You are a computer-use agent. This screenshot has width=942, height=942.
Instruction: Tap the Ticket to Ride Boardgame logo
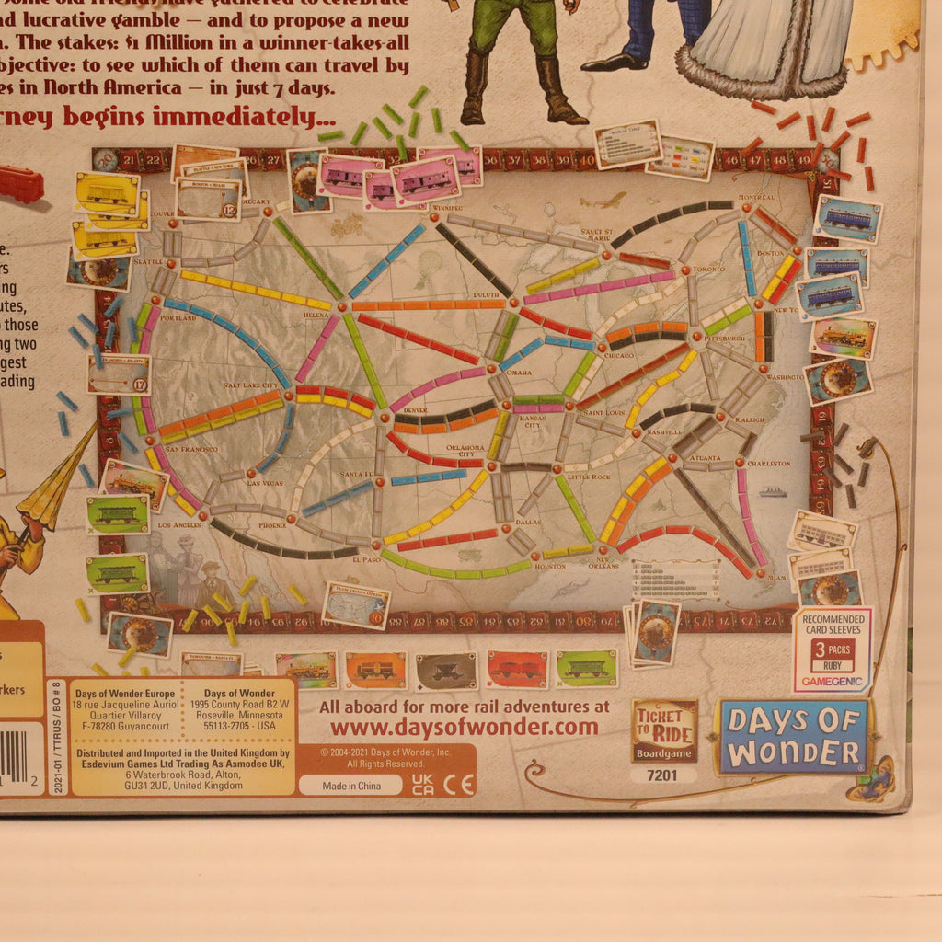(664, 731)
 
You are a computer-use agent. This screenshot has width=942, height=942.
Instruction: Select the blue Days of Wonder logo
(793, 736)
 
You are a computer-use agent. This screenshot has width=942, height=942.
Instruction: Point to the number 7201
(663, 775)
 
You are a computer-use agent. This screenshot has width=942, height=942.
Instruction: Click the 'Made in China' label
(350, 785)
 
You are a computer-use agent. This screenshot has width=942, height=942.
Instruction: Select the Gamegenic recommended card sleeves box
(832, 649)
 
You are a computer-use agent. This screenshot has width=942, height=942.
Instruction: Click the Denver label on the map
(414, 408)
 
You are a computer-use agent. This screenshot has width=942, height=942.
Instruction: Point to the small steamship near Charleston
(772, 492)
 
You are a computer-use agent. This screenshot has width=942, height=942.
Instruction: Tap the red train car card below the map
(517, 669)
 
